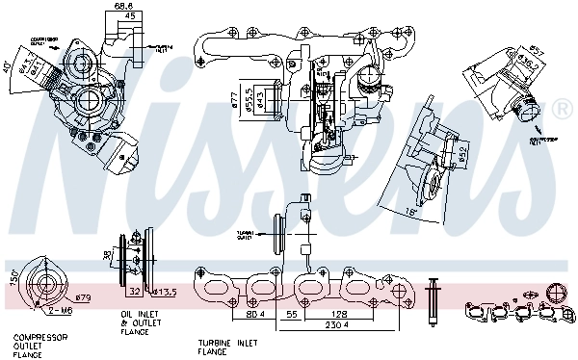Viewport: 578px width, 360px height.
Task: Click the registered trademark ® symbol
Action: pos(562,113)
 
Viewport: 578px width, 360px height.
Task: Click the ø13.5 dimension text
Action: pos(165,291)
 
